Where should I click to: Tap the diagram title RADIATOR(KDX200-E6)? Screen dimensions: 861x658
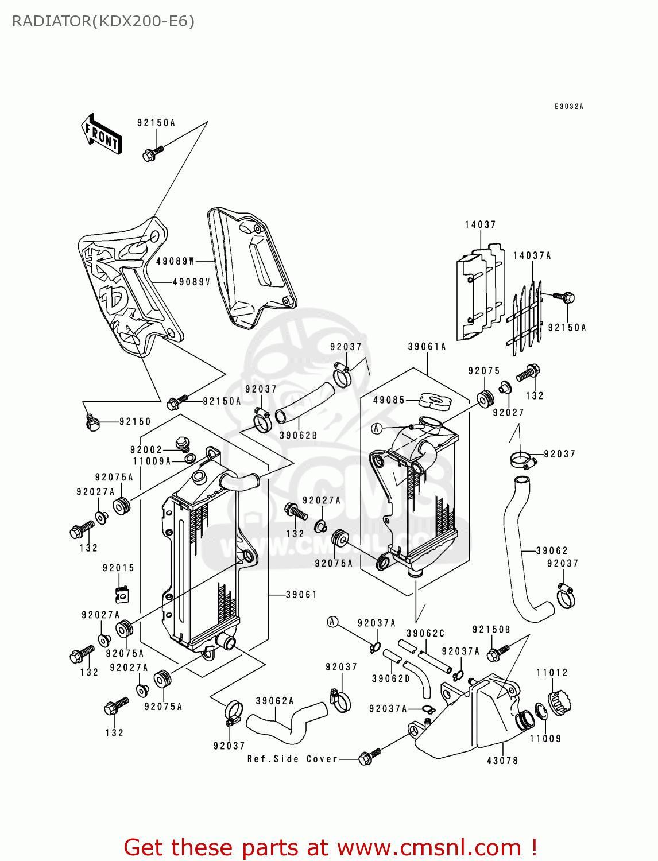(x=103, y=21)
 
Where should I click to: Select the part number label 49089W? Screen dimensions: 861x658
(x=176, y=261)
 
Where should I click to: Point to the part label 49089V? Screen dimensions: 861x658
(x=192, y=282)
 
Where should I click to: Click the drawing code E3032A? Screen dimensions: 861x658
(x=568, y=107)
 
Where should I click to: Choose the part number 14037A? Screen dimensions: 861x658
(x=532, y=255)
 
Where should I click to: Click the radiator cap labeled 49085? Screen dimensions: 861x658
(x=436, y=400)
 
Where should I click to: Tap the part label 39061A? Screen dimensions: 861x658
(x=427, y=347)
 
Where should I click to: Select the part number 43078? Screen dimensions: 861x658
(x=502, y=761)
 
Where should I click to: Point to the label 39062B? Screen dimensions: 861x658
(x=298, y=436)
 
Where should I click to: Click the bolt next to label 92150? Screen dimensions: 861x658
(x=92, y=424)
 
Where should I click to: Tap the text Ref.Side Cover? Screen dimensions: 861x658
(x=292, y=759)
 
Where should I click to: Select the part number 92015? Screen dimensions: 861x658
(x=118, y=568)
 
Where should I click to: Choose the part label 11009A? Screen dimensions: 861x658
(x=152, y=461)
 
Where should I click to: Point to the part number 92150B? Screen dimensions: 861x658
(x=491, y=630)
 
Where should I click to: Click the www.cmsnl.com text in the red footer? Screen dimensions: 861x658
(x=429, y=847)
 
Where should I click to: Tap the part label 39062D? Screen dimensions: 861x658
(x=391, y=678)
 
